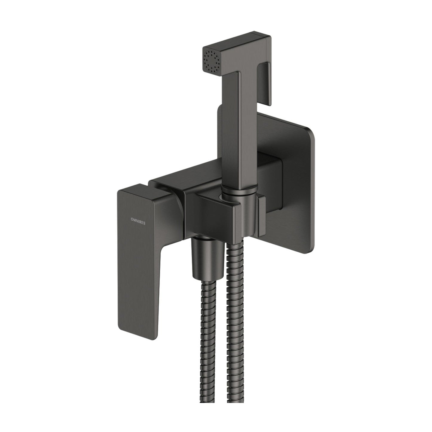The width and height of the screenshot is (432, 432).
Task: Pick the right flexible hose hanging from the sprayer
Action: [x=233, y=329]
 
